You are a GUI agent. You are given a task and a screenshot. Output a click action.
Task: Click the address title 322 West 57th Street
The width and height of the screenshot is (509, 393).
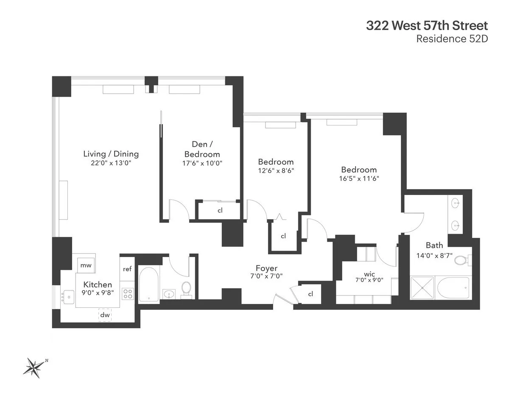point(427,25)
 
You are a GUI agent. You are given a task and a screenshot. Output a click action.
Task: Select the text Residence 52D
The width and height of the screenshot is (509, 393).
point(452,39)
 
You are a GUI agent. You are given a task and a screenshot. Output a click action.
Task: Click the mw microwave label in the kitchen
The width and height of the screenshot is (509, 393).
point(86,266)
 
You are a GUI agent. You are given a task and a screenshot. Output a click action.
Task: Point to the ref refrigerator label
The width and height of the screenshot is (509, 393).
point(127,269)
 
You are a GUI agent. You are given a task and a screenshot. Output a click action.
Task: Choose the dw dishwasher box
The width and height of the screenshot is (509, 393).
point(105,315)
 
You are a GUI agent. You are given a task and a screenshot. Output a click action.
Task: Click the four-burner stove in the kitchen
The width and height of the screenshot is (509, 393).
point(128,293)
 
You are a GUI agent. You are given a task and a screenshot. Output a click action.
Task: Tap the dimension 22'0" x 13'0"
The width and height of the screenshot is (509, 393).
point(111,163)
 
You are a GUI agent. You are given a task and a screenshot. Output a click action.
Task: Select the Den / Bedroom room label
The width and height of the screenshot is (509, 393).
point(199,150)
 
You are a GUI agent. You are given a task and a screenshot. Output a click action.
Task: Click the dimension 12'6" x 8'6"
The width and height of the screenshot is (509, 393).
point(276,171)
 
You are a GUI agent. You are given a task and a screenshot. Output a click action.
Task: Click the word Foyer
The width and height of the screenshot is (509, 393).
point(266,268)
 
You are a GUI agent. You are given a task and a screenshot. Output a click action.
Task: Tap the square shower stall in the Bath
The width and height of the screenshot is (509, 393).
point(422,288)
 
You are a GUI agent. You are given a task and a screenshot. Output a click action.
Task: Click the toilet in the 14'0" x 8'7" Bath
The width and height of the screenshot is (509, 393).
point(461,259)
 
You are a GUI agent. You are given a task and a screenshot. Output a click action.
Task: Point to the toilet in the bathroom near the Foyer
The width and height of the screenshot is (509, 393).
point(186,289)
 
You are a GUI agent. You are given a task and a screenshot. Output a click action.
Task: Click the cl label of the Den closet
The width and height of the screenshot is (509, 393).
point(220,210)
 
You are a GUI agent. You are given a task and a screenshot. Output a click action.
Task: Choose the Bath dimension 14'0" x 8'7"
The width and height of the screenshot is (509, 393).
point(434,256)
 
